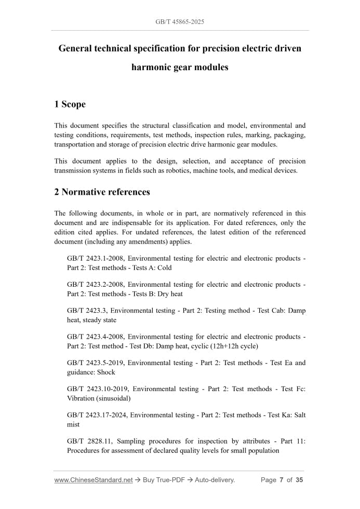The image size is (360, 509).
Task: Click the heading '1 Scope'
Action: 70,104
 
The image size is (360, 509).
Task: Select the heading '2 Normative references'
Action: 102,192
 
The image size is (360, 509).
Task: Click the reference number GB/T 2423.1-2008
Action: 95,259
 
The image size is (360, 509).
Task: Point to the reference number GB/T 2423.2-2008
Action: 95,285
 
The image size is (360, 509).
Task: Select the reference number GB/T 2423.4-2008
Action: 95,337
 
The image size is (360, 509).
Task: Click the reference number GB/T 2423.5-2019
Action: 95,363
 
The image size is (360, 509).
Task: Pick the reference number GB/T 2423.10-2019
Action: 97,389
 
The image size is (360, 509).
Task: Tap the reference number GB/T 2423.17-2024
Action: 97,415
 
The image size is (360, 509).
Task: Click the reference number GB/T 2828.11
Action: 87,441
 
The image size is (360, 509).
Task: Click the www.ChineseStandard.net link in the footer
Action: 94,480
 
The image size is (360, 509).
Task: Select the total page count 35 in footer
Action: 299,480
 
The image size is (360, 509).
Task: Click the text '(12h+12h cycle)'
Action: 233,346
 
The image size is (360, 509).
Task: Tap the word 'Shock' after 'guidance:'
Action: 106,372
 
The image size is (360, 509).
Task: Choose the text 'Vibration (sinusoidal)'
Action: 99,398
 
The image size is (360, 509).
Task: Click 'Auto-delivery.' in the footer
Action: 215,480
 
